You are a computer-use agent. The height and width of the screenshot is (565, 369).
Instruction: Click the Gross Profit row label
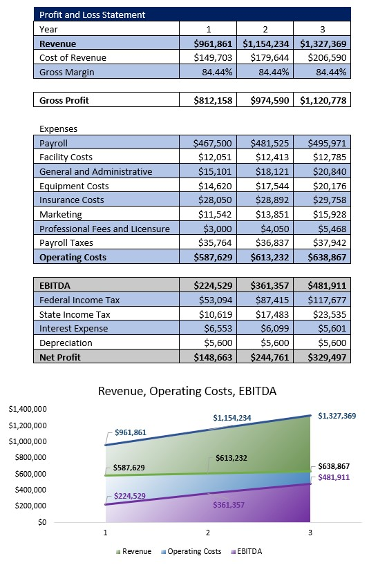tap(64, 100)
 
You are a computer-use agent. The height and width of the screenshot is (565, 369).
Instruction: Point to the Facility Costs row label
tap(66, 157)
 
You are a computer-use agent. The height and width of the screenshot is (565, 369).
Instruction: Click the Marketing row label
tap(61, 215)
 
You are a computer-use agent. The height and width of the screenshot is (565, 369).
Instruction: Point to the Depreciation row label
tap(66, 343)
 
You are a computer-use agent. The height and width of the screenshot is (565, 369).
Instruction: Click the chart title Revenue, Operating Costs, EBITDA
tap(187, 391)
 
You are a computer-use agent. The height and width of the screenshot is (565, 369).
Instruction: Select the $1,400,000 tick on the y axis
tap(26, 409)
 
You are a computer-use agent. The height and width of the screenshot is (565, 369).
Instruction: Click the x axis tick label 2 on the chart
tap(207, 533)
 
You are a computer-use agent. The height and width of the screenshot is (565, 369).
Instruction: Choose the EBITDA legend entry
tap(249, 551)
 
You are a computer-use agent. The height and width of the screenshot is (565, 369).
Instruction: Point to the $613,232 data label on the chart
tap(231, 458)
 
